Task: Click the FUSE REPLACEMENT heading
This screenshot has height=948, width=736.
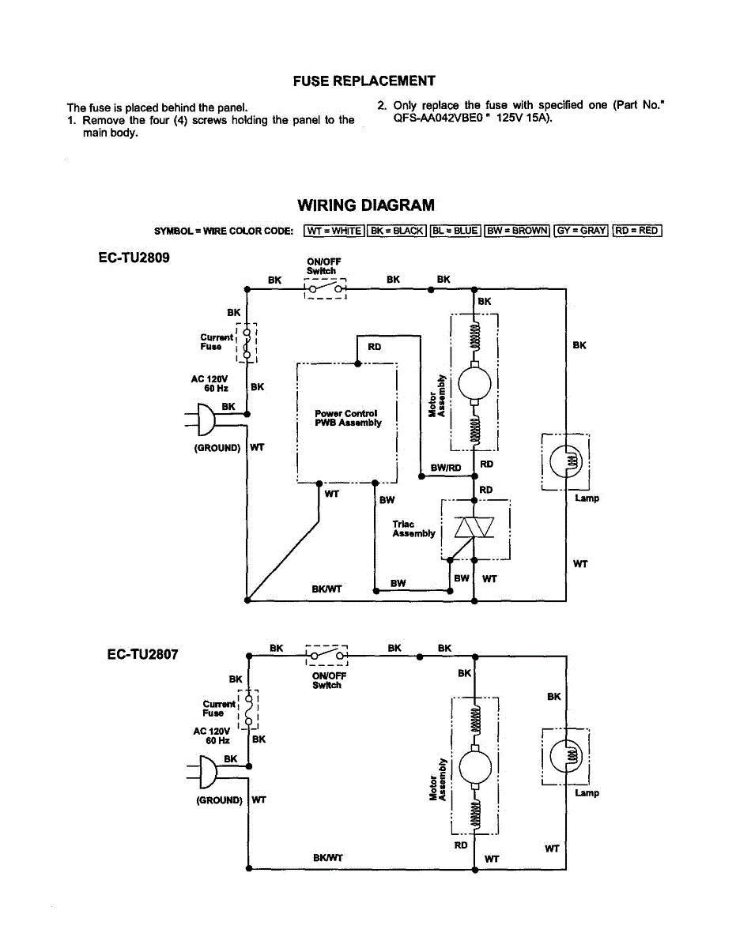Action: pyautogui.click(x=364, y=81)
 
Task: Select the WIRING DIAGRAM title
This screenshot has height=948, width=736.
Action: pyautogui.click(x=365, y=205)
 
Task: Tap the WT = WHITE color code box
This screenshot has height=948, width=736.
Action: pyautogui.click(x=334, y=231)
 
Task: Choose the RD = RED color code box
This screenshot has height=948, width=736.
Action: pyautogui.click(x=637, y=231)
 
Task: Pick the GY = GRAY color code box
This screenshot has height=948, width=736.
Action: pyautogui.click(x=581, y=231)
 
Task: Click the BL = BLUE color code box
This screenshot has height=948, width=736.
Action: pyautogui.click(x=455, y=231)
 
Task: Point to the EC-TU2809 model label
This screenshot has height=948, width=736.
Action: pyautogui.click(x=134, y=258)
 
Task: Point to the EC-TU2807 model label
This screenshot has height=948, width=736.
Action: pyautogui.click(x=143, y=654)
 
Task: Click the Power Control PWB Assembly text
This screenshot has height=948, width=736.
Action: pyautogui.click(x=348, y=418)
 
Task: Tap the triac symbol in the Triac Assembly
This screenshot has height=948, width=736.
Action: pyautogui.click(x=474, y=527)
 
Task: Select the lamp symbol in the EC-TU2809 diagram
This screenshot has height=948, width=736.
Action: pyautogui.click(x=566, y=459)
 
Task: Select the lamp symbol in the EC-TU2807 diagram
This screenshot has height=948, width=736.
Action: pyautogui.click(x=566, y=756)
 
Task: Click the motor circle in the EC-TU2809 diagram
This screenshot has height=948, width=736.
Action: pyautogui.click(x=474, y=384)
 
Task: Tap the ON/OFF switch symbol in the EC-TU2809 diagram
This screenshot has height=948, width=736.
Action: pyautogui.click(x=325, y=290)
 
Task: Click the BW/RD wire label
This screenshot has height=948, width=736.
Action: pyautogui.click(x=446, y=468)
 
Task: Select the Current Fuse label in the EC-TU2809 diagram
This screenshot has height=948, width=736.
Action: pyautogui.click(x=217, y=342)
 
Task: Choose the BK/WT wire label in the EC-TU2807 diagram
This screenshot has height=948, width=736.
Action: pyautogui.click(x=328, y=858)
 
